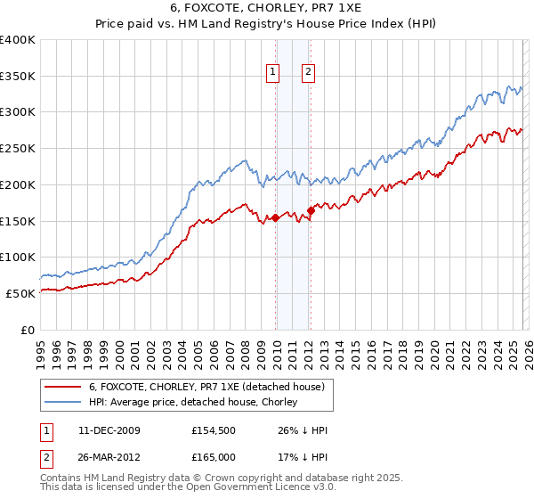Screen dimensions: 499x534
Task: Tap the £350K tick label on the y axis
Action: [x=18, y=77]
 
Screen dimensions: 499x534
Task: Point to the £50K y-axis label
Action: [x=20, y=293]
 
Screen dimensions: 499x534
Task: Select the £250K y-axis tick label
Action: [x=18, y=149]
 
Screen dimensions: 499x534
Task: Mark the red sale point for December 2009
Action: [x=275, y=217]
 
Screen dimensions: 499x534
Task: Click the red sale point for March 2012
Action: [x=311, y=210]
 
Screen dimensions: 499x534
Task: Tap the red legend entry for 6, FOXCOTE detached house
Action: [x=212, y=387]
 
